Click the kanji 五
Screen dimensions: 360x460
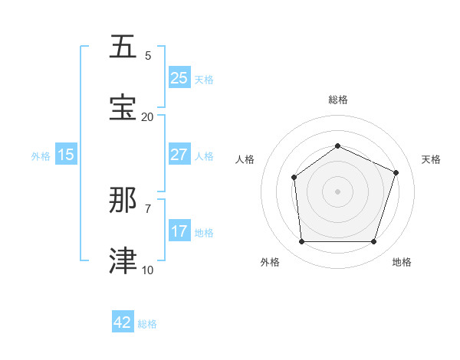click(x=123, y=47)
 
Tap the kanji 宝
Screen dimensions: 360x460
click(x=123, y=108)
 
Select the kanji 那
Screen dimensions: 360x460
click(x=123, y=200)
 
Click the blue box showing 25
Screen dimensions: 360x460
click(x=179, y=77)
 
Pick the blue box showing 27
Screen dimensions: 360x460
click(x=179, y=154)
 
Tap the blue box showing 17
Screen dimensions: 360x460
click(x=179, y=231)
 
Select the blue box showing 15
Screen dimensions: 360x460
click(x=66, y=155)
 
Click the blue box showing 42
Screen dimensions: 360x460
click(x=123, y=322)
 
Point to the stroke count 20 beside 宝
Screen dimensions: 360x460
click(x=147, y=116)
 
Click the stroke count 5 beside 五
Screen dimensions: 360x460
click(x=148, y=55)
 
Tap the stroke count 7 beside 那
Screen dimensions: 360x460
click(x=148, y=208)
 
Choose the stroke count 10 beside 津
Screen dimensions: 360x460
click(x=147, y=270)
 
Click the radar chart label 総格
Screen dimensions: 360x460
click(x=337, y=100)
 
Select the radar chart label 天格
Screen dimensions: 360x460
click(x=431, y=159)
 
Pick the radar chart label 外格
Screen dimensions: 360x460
click(x=270, y=262)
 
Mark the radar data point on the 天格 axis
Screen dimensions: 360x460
click(x=396, y=172)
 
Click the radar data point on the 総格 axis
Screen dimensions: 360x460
click(x=337, y=146)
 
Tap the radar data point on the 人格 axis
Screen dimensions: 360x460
click(x=294, y=178)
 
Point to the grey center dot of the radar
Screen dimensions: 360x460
click(x=337, y=191)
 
